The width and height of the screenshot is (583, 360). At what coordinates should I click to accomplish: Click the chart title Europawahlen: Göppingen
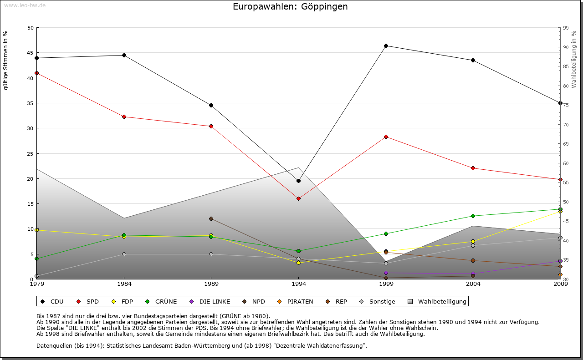290,6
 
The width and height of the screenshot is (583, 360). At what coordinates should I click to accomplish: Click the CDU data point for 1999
386,46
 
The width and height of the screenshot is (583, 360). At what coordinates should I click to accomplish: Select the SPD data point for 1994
298,198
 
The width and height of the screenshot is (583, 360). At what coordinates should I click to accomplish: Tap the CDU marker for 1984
124,55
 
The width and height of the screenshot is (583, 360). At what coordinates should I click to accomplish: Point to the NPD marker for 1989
211,218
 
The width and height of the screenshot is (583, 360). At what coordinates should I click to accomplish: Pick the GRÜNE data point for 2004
473,216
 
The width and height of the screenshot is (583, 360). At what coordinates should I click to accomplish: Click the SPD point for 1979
36,73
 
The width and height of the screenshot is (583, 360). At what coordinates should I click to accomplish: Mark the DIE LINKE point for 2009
560,261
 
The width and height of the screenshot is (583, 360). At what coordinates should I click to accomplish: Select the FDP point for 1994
298,263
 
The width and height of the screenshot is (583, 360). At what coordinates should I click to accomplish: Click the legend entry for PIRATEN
296,301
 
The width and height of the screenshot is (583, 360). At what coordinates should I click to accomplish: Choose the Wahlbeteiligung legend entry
438,301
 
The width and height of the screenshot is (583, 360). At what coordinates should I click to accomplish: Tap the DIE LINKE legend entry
210,301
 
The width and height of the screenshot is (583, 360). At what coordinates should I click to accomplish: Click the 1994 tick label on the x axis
299,284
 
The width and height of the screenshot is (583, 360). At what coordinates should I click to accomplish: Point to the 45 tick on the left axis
31,53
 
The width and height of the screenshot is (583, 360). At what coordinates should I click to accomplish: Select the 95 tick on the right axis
565,28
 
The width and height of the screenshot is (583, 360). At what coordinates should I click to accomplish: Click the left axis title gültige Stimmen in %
6,60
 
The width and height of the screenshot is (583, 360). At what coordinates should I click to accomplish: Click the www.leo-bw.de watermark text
25,5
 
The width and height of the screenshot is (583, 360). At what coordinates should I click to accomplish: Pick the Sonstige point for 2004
473,245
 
